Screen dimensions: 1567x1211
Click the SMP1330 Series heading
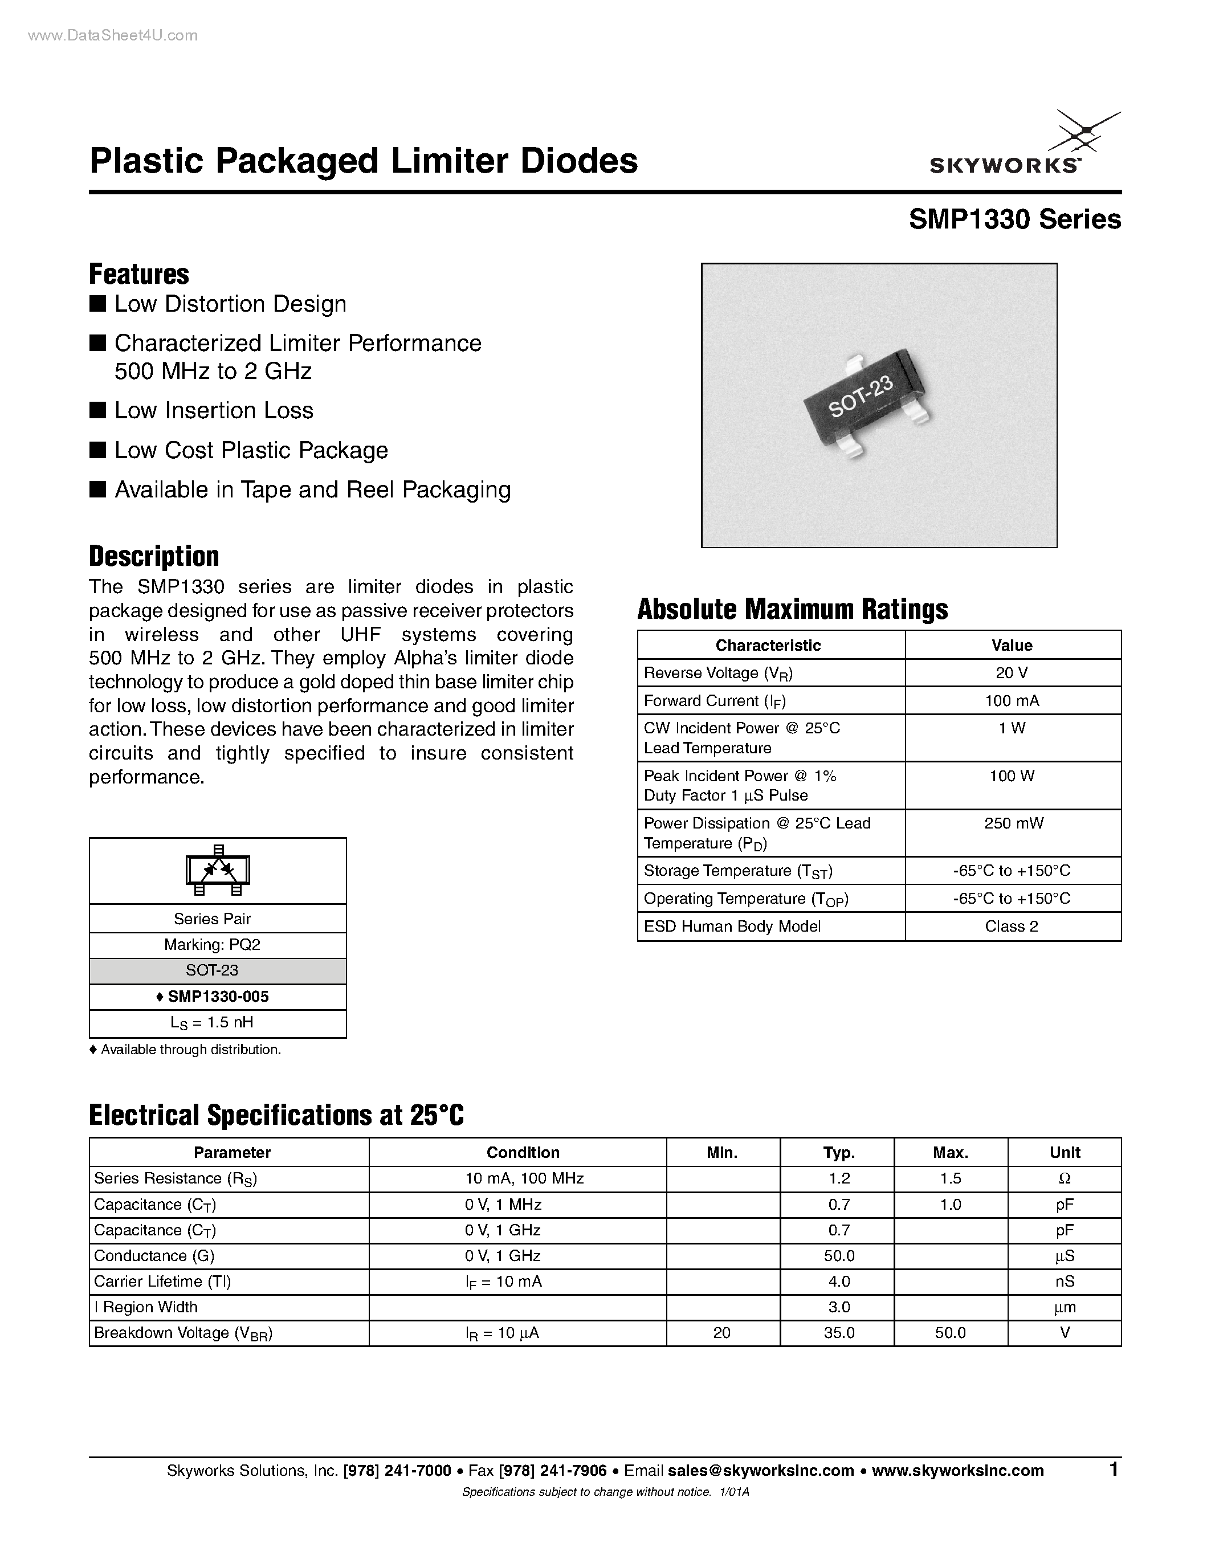1014,219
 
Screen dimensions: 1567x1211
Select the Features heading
139,274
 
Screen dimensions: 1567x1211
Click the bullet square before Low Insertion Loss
97,410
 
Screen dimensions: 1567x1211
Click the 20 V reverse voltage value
1012,673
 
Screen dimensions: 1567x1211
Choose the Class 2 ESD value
1012,927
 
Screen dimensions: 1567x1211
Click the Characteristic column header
768,645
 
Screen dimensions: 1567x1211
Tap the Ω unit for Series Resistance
1064,1178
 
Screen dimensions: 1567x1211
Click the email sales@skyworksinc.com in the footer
760,1470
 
